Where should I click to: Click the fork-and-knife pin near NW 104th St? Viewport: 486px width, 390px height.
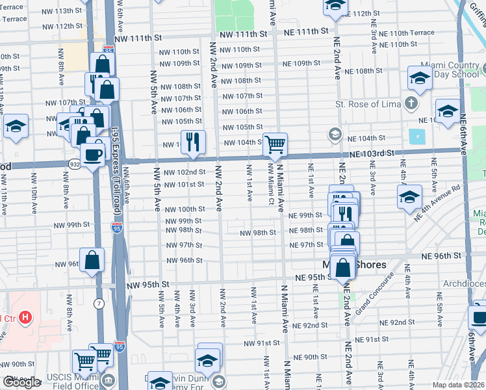(193, 142)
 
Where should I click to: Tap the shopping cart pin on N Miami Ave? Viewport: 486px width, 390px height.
(275, 144)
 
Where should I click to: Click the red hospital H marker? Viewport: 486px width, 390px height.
(25, 317)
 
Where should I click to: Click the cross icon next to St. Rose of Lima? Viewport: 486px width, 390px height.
(411, 103)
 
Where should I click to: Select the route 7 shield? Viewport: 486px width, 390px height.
(98, 304)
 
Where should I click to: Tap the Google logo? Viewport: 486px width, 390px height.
(21, 382)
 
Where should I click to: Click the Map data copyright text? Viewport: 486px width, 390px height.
(459, 385)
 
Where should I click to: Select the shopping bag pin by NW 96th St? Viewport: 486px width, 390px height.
(94, 260)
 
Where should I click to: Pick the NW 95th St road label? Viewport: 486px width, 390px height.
(147, 284)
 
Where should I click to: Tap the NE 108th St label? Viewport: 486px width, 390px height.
(364, 71)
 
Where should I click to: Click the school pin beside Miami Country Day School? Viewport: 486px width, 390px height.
(420, 79)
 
